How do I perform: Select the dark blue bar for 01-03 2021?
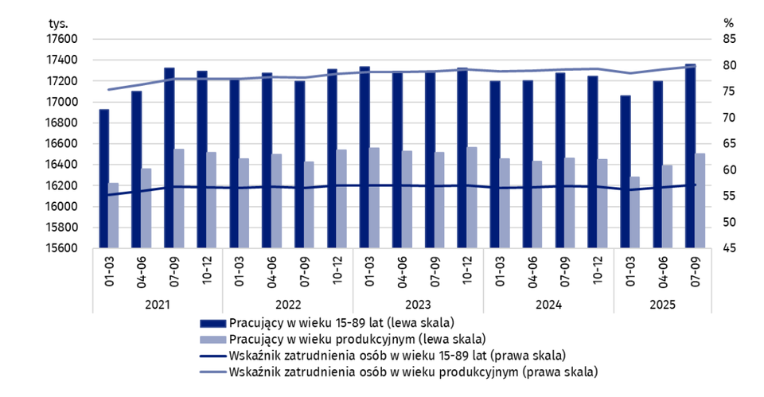click(104, 178)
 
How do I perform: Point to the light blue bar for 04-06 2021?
click(146, 208)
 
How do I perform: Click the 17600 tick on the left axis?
click(64, 39)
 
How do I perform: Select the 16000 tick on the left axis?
click(64, 207)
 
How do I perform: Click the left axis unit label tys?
click(58, 23)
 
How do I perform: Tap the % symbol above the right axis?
click(728, 23)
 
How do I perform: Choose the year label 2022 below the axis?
click(288, 305)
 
